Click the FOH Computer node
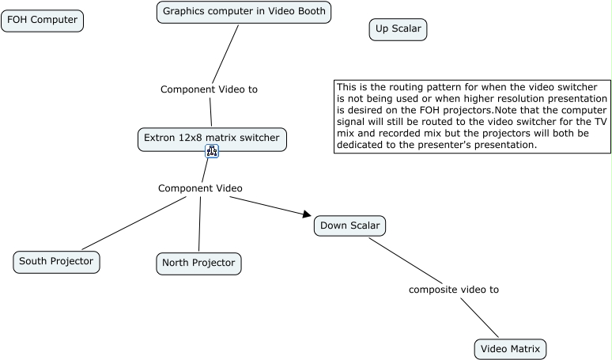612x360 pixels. [42, 21]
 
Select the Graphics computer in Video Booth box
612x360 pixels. [244, 12]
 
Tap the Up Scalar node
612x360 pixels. [398, 29]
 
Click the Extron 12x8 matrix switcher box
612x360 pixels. [212, 139]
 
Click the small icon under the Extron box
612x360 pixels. [212, 151]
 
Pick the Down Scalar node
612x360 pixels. [349, 225]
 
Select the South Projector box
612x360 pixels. [56, 262]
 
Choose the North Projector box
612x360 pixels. [198, 263]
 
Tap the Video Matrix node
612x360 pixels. [510, 349]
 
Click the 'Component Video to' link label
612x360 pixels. [209, 89]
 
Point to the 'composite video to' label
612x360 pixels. [454, 290]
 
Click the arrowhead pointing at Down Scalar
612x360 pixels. [307, 214]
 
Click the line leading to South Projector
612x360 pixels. [134, 223]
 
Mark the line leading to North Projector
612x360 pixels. [200, 224]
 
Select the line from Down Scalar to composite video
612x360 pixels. [406, 261]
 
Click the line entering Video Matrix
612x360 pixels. [479, 317]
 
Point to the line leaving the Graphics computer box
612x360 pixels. [225, 55]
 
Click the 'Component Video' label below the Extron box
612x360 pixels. [200, 188]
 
